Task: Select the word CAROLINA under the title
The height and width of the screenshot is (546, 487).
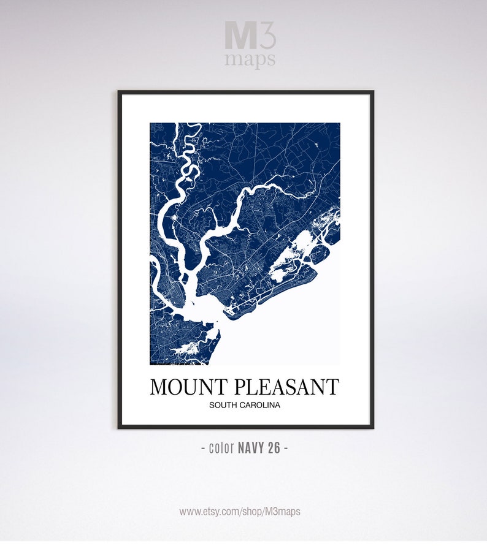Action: pyautogui.click(x=260, y=405)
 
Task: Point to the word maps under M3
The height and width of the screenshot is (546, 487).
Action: pyautogui.click(x=250, y=59)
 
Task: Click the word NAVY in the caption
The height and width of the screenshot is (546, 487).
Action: pyautogui.click(x=250, y=448)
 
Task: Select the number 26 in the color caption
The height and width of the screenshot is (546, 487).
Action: pyautogui.click(x=274, y=448)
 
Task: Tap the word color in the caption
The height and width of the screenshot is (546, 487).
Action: pyautogui.click(x=221, y=448)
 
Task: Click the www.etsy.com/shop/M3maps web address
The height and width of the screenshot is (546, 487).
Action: pyautogui.click(x=240, y=511)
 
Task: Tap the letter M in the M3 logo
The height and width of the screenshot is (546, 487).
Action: pyautogui.click(x=239, y=36)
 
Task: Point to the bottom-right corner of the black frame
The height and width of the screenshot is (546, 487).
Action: pyautogui.click(x=372, y=427)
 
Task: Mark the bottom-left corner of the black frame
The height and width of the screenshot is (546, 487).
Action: pyautogui.click(x=119, y=427)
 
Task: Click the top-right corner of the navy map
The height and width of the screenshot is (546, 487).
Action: pyautogui.click(x=339, y=124)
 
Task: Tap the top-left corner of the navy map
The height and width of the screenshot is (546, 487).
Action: pyautogui.click(x=151, y=124)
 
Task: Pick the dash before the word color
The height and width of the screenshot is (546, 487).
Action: pyautogui.click(x=203, y=448)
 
